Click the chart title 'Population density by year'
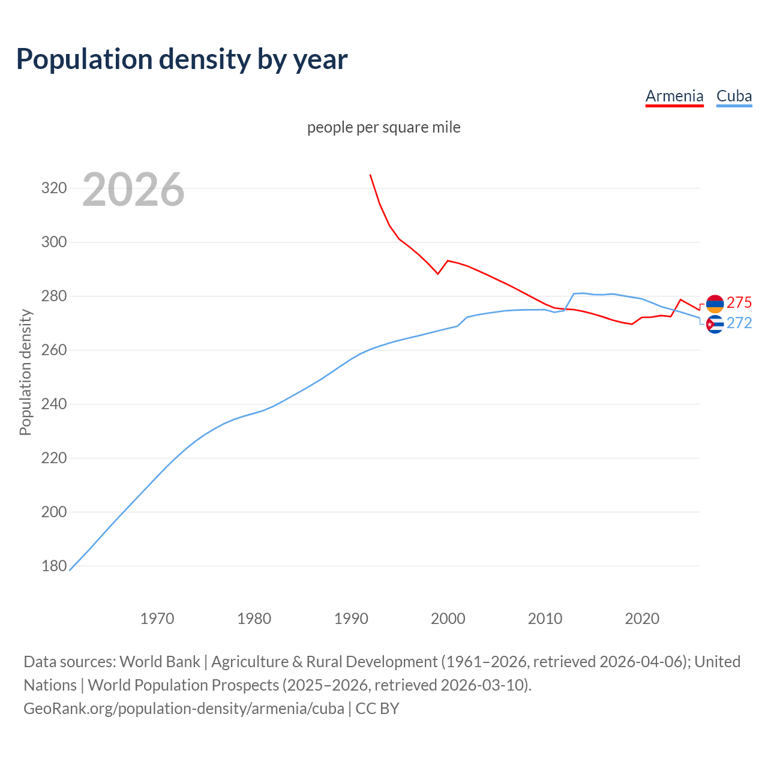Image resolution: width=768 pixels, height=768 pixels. pos(182,59)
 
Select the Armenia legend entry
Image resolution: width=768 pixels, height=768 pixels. pos(674,96)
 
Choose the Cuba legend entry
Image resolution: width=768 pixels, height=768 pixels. pos(734,96)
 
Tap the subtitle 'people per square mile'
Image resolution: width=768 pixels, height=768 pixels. pos(384,127)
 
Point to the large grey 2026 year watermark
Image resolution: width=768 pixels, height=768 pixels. pos(133,190)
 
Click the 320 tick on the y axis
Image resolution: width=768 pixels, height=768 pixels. pos(53,188)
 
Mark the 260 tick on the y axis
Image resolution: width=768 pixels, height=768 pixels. pos(53,350)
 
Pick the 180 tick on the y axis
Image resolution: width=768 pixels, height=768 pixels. pos(53,566)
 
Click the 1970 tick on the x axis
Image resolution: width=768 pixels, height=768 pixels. pos(157,618)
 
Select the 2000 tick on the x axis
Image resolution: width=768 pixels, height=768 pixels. pos(448,618)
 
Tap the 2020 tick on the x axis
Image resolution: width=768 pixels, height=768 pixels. pos(642,618)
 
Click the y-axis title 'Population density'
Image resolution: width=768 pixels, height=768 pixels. pos(25,372)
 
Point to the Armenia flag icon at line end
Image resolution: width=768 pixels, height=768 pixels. pos(715,304)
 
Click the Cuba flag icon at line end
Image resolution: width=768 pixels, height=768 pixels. pos(715,324)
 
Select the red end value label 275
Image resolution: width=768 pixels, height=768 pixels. pos(739,302)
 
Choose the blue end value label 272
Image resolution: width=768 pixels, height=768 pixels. pos(739,323)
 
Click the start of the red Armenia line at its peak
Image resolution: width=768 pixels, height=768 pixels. pos(370,175)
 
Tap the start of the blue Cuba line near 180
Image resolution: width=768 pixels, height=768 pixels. pos(70,570)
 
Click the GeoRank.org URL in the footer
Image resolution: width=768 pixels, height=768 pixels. pos(184,708)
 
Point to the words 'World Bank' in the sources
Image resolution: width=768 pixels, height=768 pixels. pos(160,661)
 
